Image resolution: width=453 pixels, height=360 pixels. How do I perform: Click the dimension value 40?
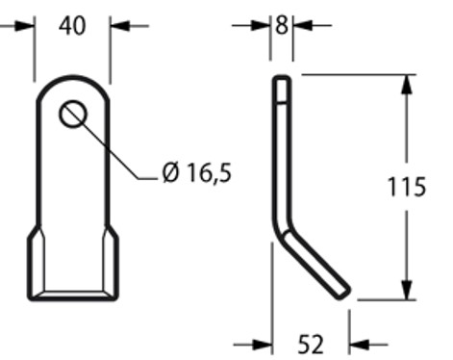pyautogui.click(x=72, y=25)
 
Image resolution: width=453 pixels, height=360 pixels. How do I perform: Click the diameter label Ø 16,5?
pyautogui.click(x=197, y=173)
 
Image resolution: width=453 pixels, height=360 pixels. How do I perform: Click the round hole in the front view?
pyautogui.click(x=73, y=115)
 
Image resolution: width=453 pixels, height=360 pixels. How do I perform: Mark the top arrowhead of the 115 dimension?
pyautogui.click(x=407, y=85)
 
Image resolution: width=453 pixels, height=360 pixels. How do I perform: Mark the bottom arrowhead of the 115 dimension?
pyautogui.click(x=407, y=290)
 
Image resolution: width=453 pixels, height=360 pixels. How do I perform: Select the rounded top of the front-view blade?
pyautogui.click(x=73, y=81)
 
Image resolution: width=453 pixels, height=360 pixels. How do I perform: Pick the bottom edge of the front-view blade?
pyautogui.click(x=73, y=294)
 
